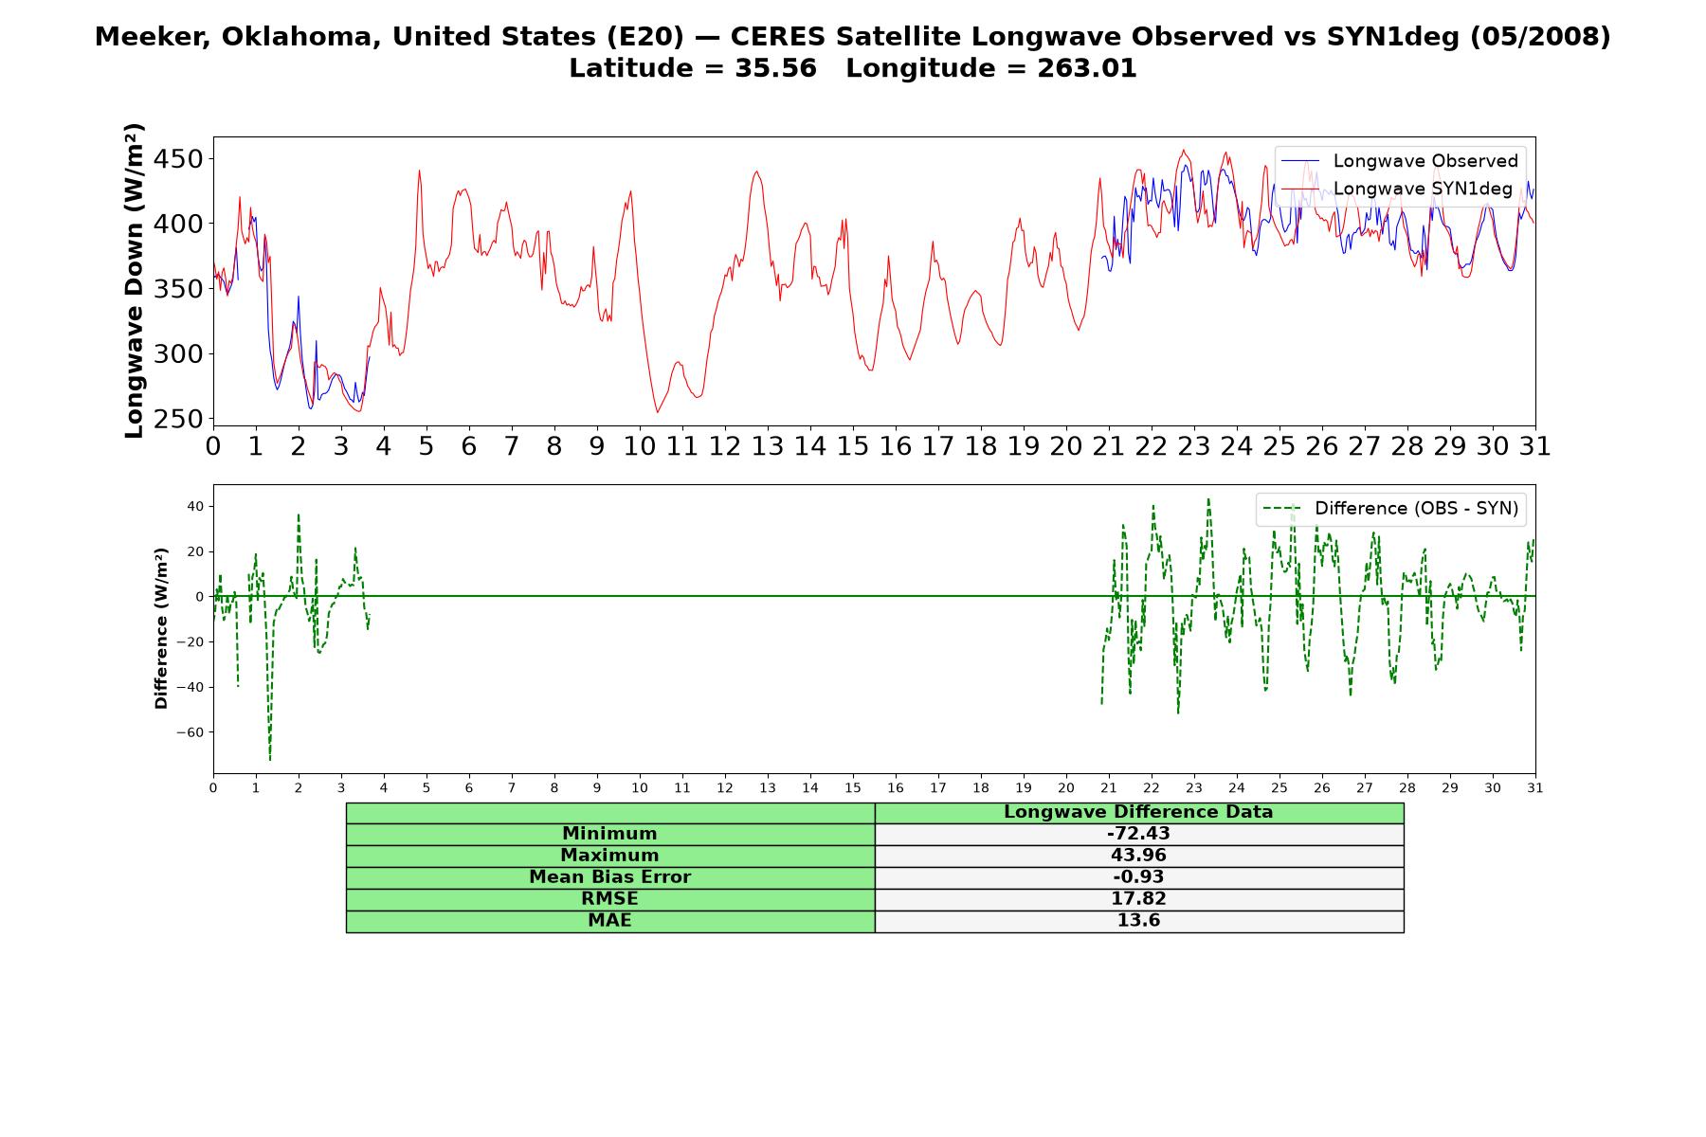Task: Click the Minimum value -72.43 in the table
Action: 1138,834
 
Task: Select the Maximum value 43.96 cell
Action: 1138,856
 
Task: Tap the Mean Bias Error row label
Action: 609,877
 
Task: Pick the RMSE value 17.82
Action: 1138,899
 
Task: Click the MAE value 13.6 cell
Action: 1138,921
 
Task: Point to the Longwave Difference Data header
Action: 1138,812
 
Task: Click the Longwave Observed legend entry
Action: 1400,161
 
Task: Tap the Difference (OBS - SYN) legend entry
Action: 1391,509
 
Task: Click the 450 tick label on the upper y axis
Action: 178,159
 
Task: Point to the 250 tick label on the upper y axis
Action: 178,419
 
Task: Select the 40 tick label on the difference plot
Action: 196,506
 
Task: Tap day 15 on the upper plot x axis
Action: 853,446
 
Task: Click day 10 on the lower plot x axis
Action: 640,788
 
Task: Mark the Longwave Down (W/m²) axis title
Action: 135,280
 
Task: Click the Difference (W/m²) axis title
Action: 161,628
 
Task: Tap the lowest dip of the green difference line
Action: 270,760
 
